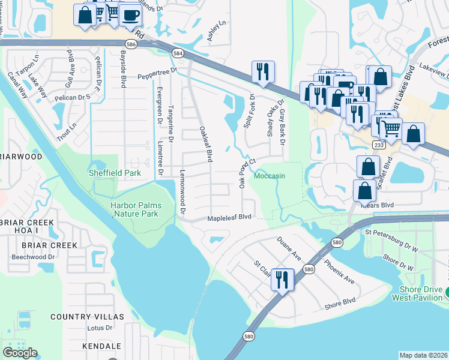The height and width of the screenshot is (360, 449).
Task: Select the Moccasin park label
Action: coord(270,176)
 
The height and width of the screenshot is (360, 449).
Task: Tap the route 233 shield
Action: coord(378,145)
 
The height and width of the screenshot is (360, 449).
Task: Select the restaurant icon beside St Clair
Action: coord(282,279)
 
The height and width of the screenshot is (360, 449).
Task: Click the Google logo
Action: coord(20,353)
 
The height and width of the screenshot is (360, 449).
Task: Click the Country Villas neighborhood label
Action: coord(87,316)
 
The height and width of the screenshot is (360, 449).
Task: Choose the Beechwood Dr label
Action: coord(35,257)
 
